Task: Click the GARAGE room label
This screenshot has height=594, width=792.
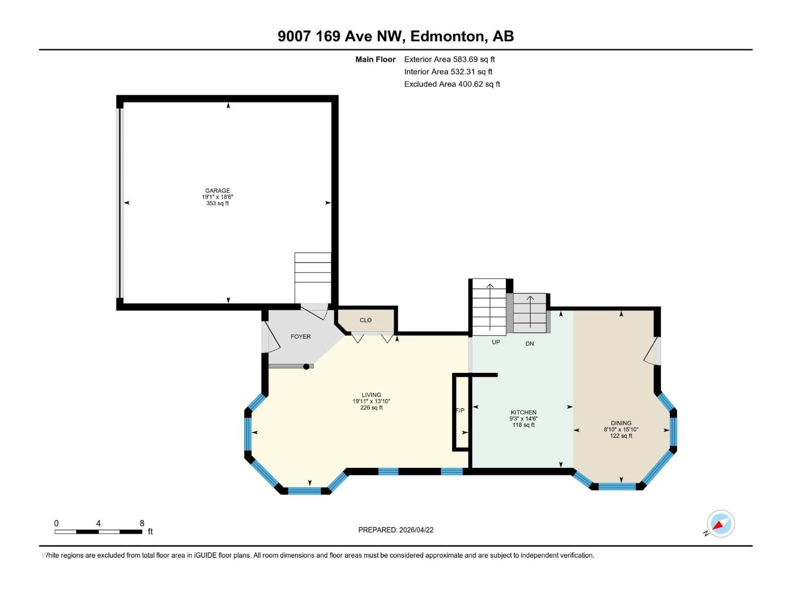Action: (x=217, y=191)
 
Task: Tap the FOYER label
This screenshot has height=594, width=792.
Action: (x=300, y=337)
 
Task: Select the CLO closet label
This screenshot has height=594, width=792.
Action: (x=365, y=320)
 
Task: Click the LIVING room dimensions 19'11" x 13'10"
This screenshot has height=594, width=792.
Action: (x=371, y=401)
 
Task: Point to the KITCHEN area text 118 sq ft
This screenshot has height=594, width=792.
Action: (x=523, y=425)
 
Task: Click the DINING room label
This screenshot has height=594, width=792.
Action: (x=621, y=423)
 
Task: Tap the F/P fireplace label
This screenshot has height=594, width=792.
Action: (x=460, y=410)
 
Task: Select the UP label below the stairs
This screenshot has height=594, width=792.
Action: (x=496, y=342)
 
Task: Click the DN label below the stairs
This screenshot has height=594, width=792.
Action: (x=530, y=343)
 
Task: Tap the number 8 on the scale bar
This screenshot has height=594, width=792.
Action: (x=142, y=523)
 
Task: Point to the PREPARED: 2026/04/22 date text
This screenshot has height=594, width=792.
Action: (x=396, y=530)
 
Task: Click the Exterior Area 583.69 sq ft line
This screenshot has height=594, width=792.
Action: (x=449, y=59)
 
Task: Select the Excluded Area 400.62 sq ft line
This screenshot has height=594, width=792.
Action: (x=452, y=84)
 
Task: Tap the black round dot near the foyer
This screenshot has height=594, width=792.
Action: (x=306, y=367)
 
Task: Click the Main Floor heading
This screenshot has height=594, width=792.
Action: (x=375, y=59)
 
